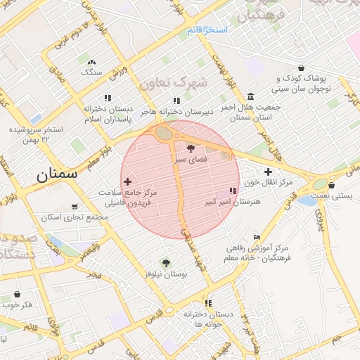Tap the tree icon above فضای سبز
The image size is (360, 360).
(x=191, y=148)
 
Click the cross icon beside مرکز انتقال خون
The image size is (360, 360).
(x=268, y=172)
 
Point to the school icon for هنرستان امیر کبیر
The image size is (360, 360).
(x=233, y=191)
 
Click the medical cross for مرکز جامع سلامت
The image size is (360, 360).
(x=127, y=181)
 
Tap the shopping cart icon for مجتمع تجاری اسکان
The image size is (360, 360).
(x=74, y=207)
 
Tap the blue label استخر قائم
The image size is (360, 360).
(x=209, y=30)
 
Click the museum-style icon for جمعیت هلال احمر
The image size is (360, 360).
(x=251, y=96)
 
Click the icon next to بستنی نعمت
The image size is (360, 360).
(x=331, y=186)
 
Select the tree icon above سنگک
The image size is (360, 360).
(x=91, y=62)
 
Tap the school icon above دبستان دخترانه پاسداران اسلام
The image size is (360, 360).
(x=108, y=98)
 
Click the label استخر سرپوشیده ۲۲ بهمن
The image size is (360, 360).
(x=37, y=136)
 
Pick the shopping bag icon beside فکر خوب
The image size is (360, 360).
(x=18, y=293)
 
